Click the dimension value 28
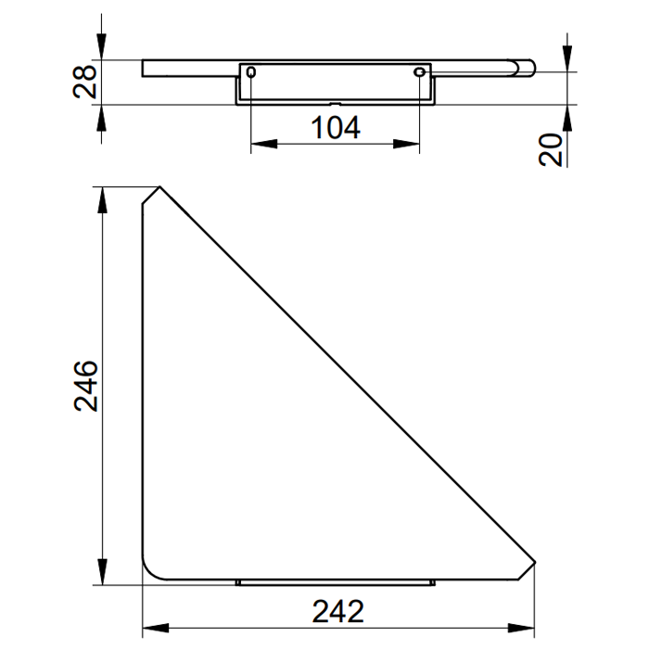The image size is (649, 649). [x=83, y=82]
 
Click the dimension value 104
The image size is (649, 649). [x=335, y=128]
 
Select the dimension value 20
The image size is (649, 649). [x=553, y=148]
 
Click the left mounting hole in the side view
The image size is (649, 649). [x=251, y=72]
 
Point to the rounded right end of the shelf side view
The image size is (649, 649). [x=529, y=67]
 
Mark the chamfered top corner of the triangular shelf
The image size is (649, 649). [x=151, y=195]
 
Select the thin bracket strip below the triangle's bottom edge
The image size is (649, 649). [x=336, y=583]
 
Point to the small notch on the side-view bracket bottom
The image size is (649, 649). [x=335, y=102]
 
